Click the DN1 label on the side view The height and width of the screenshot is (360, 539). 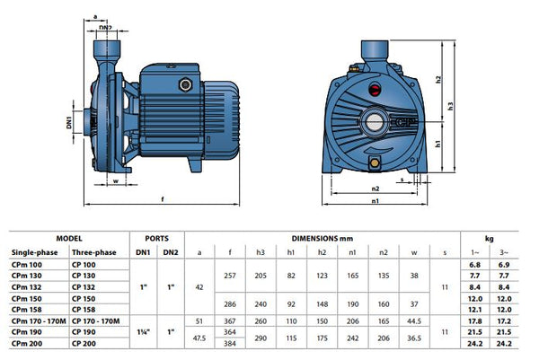[x=69, y=122]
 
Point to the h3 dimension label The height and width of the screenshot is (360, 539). [x=450, y=106]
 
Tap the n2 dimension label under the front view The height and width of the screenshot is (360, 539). [x=376, y=189]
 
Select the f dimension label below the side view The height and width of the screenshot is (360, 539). [x=163, y=199]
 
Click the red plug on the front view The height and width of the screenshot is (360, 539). [x=374, y=90]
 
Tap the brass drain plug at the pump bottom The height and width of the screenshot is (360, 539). [x=374, y=162]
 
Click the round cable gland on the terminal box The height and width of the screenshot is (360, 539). [x=186, y=84]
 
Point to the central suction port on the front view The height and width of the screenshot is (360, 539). [x=374, y=122]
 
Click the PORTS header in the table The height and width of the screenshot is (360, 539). [x=156, y=239]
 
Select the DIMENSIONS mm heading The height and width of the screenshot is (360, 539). [x=323, y=239]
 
